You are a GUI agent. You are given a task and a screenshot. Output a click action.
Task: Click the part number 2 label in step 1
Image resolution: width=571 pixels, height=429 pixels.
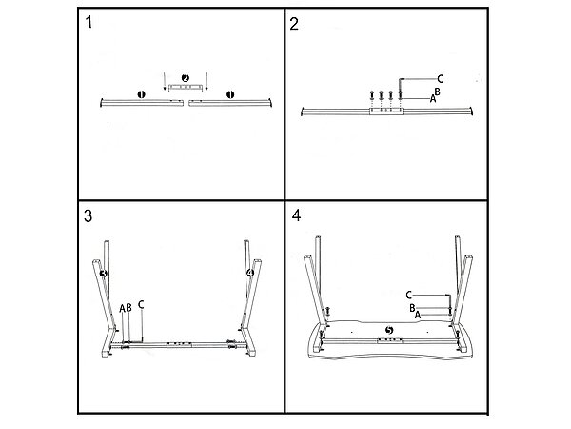186,77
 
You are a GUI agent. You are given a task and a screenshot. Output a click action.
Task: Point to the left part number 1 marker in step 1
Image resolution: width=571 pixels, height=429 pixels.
140,94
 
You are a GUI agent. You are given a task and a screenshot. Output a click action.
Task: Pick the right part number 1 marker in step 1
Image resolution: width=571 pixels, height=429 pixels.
229,94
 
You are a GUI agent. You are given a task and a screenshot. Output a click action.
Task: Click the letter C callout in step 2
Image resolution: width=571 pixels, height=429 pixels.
440,78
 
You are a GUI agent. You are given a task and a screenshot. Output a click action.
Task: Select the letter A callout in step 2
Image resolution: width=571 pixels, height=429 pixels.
433,98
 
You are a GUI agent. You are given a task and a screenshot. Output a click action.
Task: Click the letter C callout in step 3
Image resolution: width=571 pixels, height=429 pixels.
141,306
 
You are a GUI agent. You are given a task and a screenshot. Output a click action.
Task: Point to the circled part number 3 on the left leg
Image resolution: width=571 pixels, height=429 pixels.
104,275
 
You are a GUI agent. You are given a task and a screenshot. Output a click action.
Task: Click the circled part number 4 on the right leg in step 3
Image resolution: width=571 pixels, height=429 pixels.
249,275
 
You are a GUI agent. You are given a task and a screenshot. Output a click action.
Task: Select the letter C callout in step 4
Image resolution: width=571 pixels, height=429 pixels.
408,294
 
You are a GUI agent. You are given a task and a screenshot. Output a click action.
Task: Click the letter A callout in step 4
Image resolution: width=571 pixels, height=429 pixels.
417,314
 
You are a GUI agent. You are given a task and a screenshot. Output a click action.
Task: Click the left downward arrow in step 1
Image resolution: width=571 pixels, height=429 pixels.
164,78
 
